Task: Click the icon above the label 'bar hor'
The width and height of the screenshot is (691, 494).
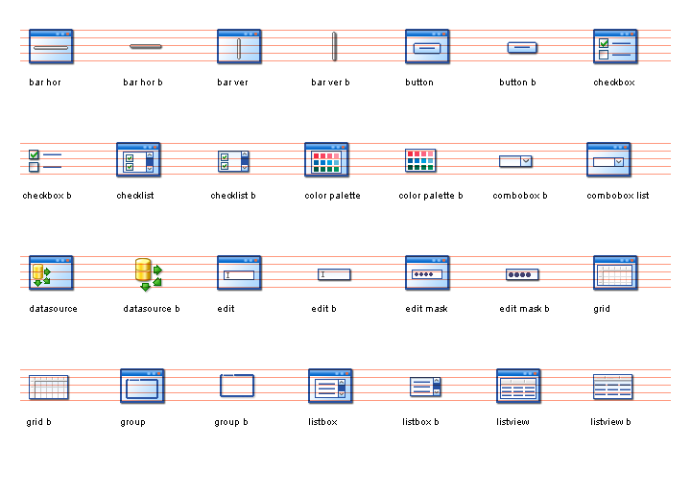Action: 51,46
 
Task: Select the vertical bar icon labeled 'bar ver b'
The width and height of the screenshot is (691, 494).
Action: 334,46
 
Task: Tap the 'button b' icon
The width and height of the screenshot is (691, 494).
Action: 522,47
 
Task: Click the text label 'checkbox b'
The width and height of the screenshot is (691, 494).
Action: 47,196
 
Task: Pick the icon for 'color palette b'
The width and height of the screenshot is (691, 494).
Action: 420,160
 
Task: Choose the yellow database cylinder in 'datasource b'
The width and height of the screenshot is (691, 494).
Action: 143,270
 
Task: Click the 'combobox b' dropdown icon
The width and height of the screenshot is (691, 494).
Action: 515,161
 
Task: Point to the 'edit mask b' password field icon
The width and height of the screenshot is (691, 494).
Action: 522,274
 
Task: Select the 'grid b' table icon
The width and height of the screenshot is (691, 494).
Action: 49,387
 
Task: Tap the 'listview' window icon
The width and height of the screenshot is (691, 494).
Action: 518,386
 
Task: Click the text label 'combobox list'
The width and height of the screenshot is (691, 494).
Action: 618,196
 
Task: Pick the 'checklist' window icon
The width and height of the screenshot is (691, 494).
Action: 138,159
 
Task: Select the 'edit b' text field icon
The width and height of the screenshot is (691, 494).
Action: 334,274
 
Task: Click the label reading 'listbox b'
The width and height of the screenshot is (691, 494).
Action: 420,422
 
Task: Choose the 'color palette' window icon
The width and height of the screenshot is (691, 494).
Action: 326,159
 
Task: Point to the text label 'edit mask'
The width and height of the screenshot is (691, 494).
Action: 426,309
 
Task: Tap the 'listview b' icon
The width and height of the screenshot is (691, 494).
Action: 613,387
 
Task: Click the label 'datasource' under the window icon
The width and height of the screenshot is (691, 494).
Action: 54,309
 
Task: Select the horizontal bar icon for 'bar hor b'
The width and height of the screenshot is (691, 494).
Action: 146,46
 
